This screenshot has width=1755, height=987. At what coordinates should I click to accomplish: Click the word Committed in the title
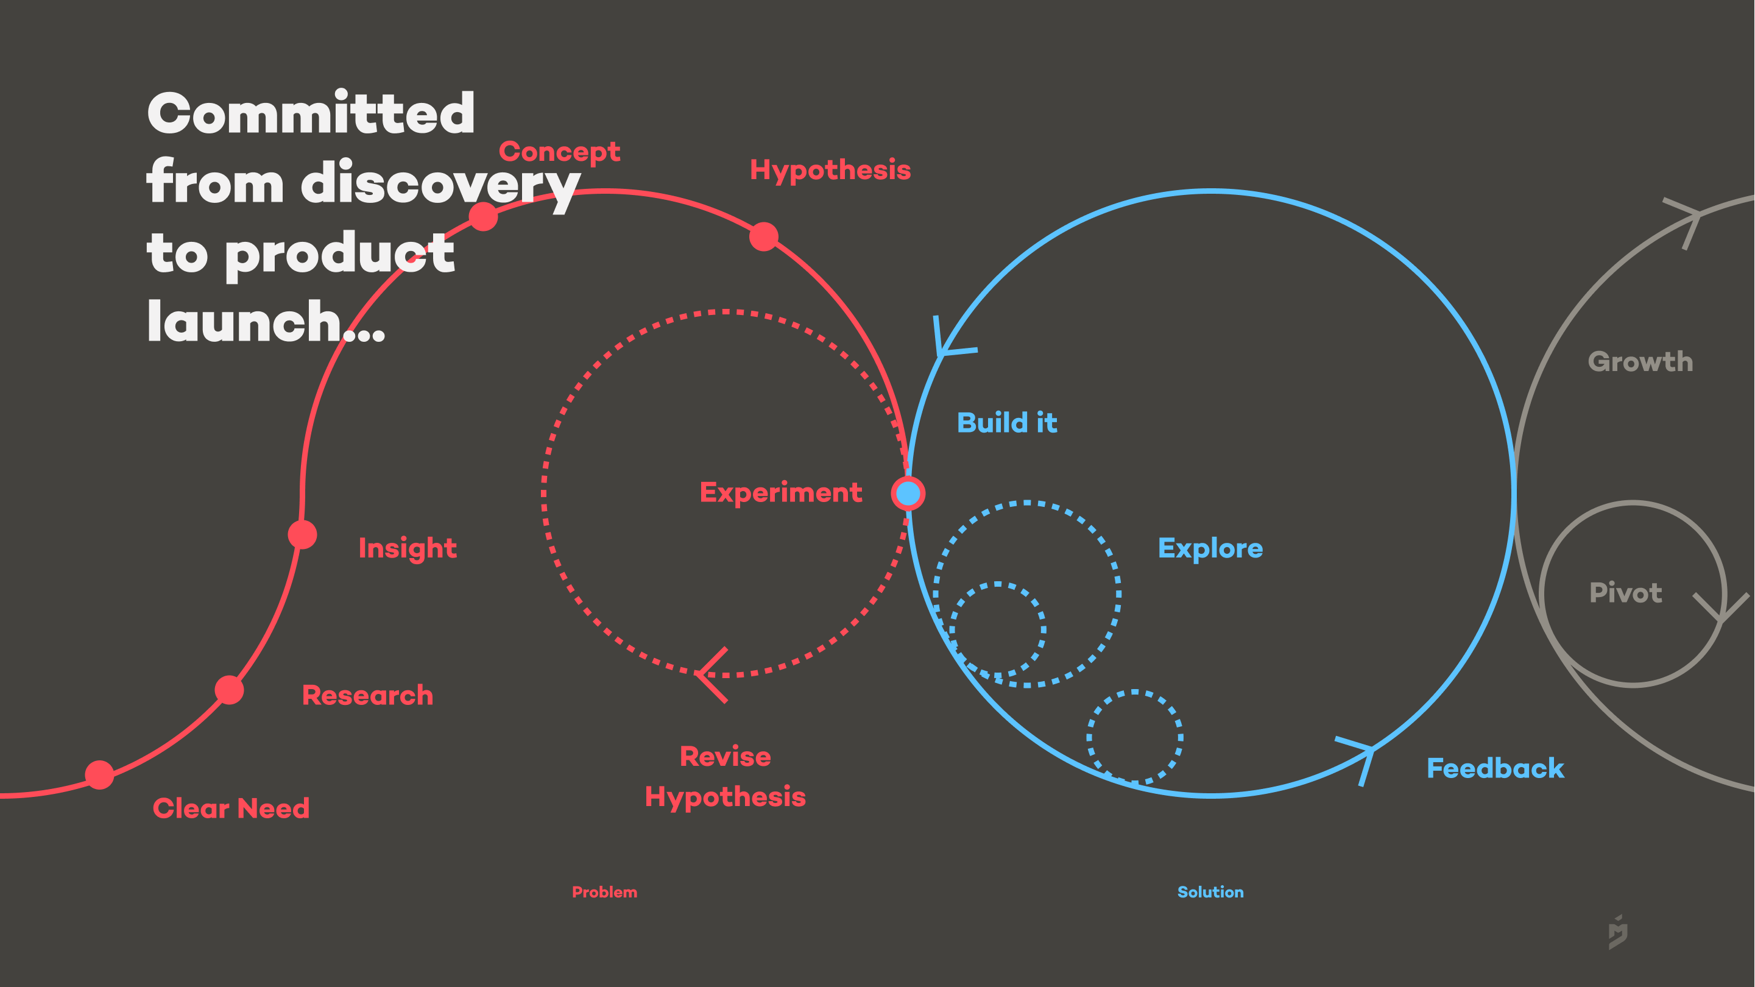pyautogui.click(x=311, y=113)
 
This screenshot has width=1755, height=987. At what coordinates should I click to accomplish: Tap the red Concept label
pyautogui.click(x=559, y=152)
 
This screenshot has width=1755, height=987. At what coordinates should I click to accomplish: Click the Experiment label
pyautogui.click(x=781, y=493)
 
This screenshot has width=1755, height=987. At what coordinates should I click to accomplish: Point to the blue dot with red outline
pyautogui.click(x=908, y=493)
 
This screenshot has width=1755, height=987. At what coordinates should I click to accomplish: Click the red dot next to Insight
pyautogui.click(x=303, y=534)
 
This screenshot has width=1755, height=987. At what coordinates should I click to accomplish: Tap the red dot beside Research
pyautogui.click(x=230, y=690)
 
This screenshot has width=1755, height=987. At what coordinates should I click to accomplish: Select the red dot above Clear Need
pyautogui.click(x=99, y=775)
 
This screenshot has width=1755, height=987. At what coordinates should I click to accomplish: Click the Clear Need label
pyautogui.click(x=231, y=809)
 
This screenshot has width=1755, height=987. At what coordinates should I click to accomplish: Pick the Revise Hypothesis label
pyautogui.click(x=725, y=777)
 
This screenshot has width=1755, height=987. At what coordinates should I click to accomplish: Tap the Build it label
pyautogui.click(x=1007, y=423)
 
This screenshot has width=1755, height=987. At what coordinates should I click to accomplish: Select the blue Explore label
pyautogui.click(x=1210, y=549)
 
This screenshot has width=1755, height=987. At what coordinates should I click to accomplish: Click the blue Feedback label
pyautogui.click(x=1495, y=769)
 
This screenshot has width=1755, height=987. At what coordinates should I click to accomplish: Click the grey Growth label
pyautogui.click(x=1640, y=362)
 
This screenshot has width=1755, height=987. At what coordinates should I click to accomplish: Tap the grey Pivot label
pyautogui.click(x=1626, y=593)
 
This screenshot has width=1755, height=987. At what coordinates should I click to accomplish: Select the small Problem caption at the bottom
pyautogui.click(x=604, y=892)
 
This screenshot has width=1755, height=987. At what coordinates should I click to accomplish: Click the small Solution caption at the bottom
pyautogui.click(x=1210, y=892)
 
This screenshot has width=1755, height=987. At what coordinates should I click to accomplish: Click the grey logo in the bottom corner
pyautogui.click(x=1618, y=932)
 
